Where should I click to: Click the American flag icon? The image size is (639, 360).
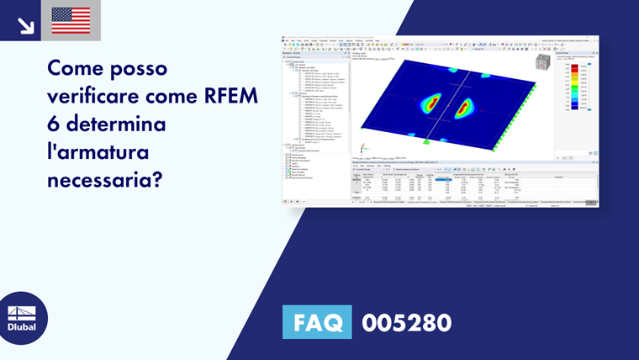click(71, 20)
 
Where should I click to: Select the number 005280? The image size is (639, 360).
click(406, 322)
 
